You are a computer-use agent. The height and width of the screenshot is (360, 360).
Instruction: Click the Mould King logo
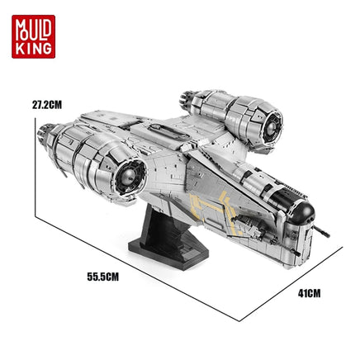pos(33,36)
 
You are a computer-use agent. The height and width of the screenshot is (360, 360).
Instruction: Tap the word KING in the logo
pos(34,48)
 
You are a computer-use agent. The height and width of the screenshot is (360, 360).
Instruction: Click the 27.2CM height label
pos(47,105)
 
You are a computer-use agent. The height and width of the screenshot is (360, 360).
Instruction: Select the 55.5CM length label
pos(103,277)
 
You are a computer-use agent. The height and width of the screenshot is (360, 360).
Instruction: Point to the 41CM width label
pos(309,293)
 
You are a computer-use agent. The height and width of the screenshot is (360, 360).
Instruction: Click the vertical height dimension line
pos(36,167)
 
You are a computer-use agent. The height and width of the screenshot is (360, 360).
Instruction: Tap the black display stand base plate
pos(168,253)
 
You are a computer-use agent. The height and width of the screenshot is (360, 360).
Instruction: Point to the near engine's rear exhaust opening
pos(130,176)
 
